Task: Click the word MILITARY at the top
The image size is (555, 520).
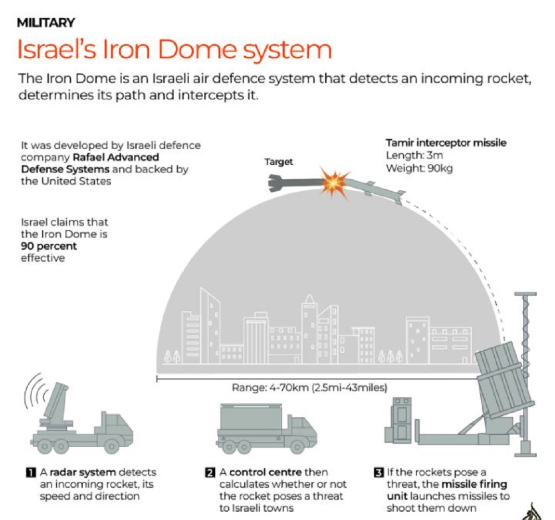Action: click(x=46, y=23)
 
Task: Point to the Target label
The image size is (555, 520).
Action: click(x=279, y=163)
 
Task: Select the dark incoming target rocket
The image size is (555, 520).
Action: click(x=294, y=182)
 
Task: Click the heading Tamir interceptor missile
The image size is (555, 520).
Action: click(x=446, y=143)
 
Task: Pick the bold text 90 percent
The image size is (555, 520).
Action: click(x=49, y=246)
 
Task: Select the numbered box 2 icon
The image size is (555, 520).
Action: click(x=210, y=473)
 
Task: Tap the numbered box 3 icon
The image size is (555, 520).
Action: click(x=379, y=473)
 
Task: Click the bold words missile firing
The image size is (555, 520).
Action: click(x=472, y=484)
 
